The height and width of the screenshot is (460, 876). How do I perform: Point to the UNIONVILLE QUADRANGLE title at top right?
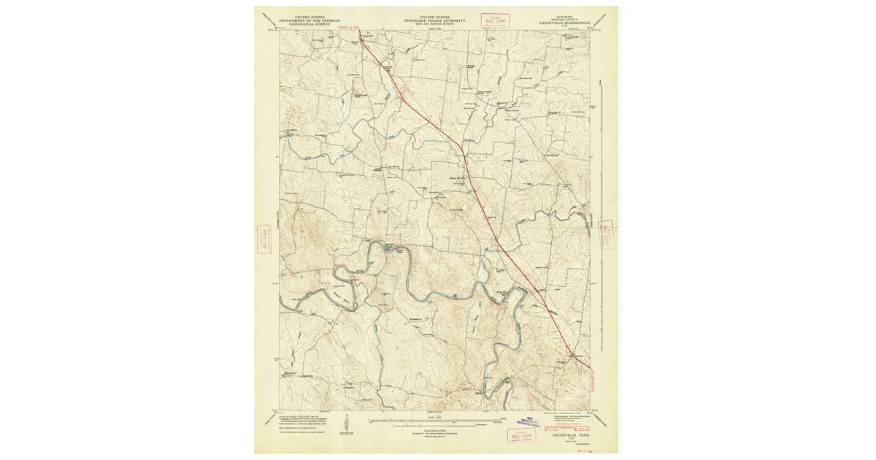[565, 23]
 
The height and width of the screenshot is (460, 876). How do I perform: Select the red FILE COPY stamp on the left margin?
[264, 239]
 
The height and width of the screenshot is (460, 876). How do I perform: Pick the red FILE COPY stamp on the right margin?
[606, 234]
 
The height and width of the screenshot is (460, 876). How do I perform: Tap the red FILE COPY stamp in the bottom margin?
[521, 435]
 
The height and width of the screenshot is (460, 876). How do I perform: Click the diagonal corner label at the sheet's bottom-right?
[604, 420]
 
